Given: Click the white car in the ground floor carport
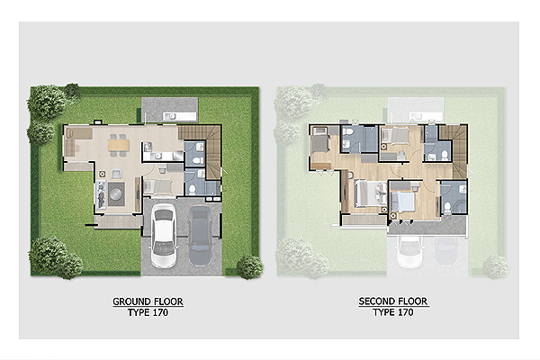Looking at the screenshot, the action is click(164, 236).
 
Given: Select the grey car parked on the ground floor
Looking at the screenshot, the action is click(200, 236).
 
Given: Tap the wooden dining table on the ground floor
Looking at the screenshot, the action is click(119, 145).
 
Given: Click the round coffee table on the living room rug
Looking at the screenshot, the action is click(116, 194).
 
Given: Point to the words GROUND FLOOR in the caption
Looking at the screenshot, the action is click(148, 301).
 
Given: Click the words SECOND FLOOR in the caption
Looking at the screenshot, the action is click(393, 301).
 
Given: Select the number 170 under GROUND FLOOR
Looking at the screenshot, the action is click(159, 313).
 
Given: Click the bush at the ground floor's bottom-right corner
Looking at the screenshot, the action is click(249, 266).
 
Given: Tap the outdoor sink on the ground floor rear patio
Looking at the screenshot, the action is click(171, 116).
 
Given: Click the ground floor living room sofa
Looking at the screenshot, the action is click(100, 195).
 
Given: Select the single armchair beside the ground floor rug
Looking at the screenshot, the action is click(116, 174).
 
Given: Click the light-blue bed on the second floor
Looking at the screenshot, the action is click(402, 202).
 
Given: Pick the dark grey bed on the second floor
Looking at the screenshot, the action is click(320, 140).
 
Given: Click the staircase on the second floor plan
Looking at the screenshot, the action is click(454, 151).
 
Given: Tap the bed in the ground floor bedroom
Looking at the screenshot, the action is click(157, 186).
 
